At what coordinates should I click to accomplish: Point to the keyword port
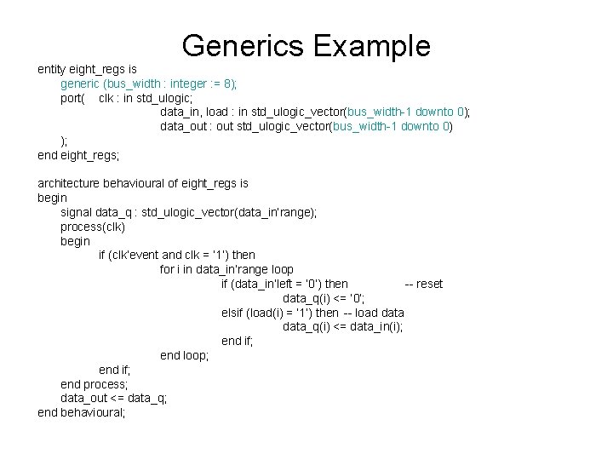(72, 98)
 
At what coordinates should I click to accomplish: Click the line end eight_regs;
(78, 155)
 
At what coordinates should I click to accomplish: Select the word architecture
(71, 183)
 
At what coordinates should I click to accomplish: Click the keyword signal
(77, 212)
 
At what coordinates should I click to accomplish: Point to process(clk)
(93, 227)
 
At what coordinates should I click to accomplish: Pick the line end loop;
(184, 355)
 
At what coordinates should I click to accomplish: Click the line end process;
(94, 384)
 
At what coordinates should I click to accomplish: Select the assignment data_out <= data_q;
(113, 398)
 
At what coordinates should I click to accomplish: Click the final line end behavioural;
(82, 412)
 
